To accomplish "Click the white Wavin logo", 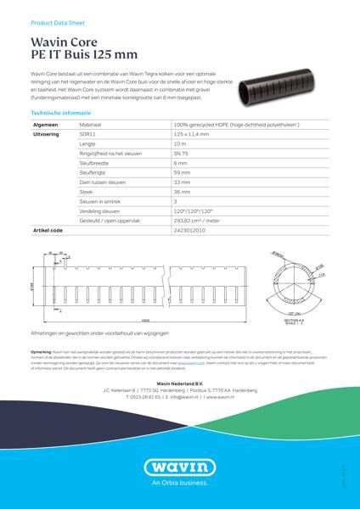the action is (179, 467).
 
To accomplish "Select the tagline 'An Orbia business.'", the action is (179, 487).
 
